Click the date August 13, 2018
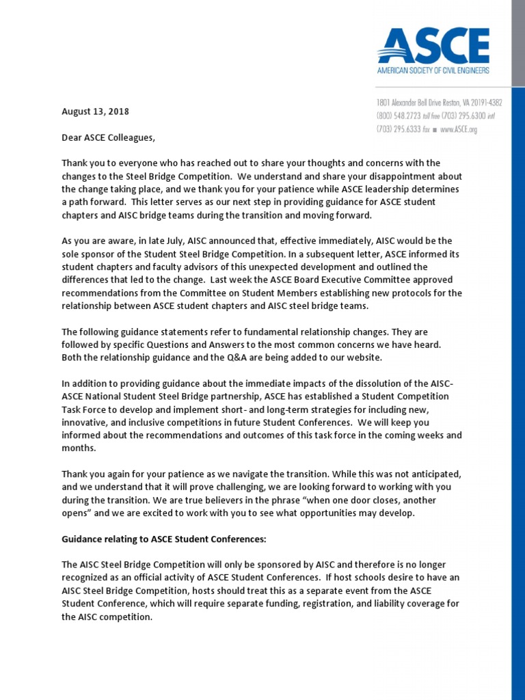coord(95,111)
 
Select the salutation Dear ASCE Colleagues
coord(108,137)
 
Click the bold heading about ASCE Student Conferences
coord(163,539)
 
